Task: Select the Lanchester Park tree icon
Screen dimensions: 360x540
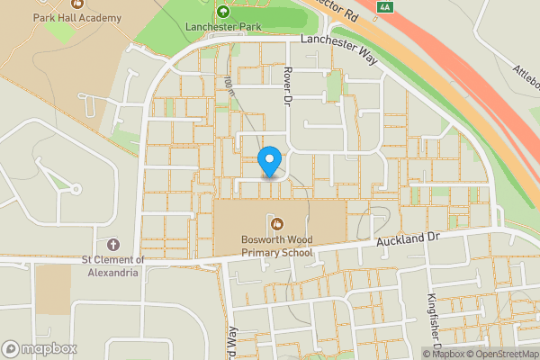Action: pos(222,12)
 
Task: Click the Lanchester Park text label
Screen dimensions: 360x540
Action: pos(222,28)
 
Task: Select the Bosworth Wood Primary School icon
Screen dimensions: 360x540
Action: pos(276,222)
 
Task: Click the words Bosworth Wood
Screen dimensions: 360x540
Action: pos(276,240)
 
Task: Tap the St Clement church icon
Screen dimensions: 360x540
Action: pos(112,245)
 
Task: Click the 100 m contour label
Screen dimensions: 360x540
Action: pos(229,85)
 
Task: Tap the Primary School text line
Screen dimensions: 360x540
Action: pos(276,253)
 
